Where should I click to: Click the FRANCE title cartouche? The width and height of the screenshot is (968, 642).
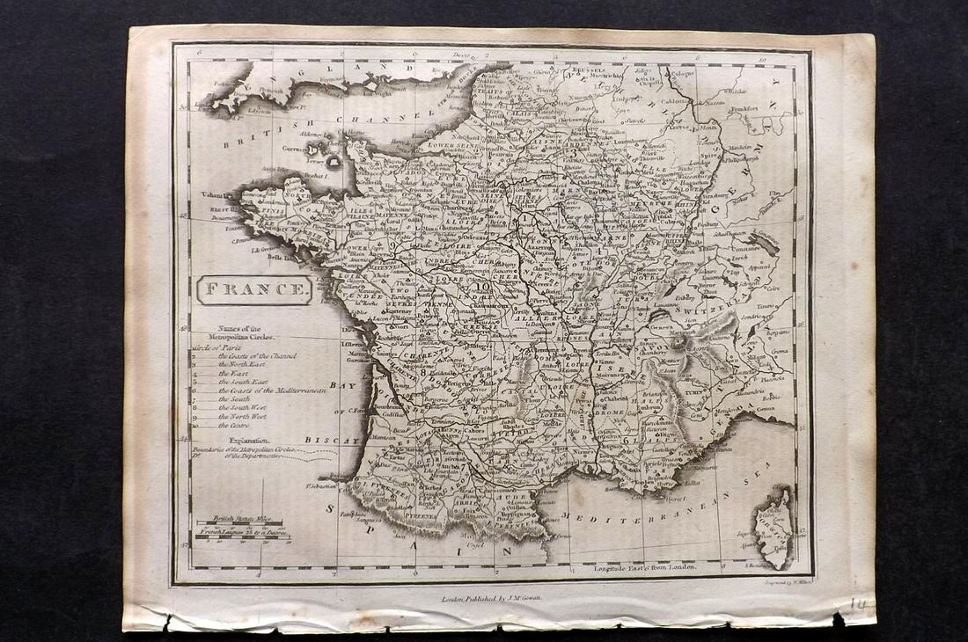pyautogui.click(x=254, y=289)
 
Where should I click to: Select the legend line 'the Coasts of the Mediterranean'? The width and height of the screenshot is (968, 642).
pyautogui.click(x=272, y=390)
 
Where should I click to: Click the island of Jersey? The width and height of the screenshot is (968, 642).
pyautogui.click(x=335, y=163)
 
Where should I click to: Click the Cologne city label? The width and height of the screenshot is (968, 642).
pyautogui.click(x=683, y=73)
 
